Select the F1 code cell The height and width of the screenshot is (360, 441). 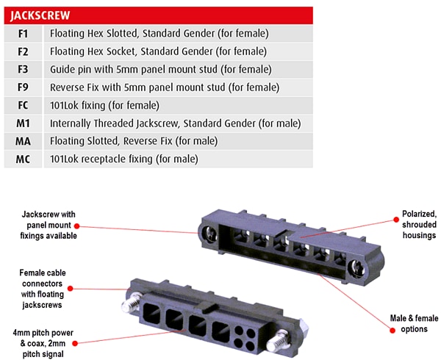[23, 33]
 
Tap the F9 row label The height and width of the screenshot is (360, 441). [23, 87]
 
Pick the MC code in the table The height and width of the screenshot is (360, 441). [23, 159]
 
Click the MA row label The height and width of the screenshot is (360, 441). [23, 140]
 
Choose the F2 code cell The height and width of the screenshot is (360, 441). [23, 51]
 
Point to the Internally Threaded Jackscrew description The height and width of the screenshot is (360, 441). [175, 123]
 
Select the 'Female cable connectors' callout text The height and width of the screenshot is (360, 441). [42, 288]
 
